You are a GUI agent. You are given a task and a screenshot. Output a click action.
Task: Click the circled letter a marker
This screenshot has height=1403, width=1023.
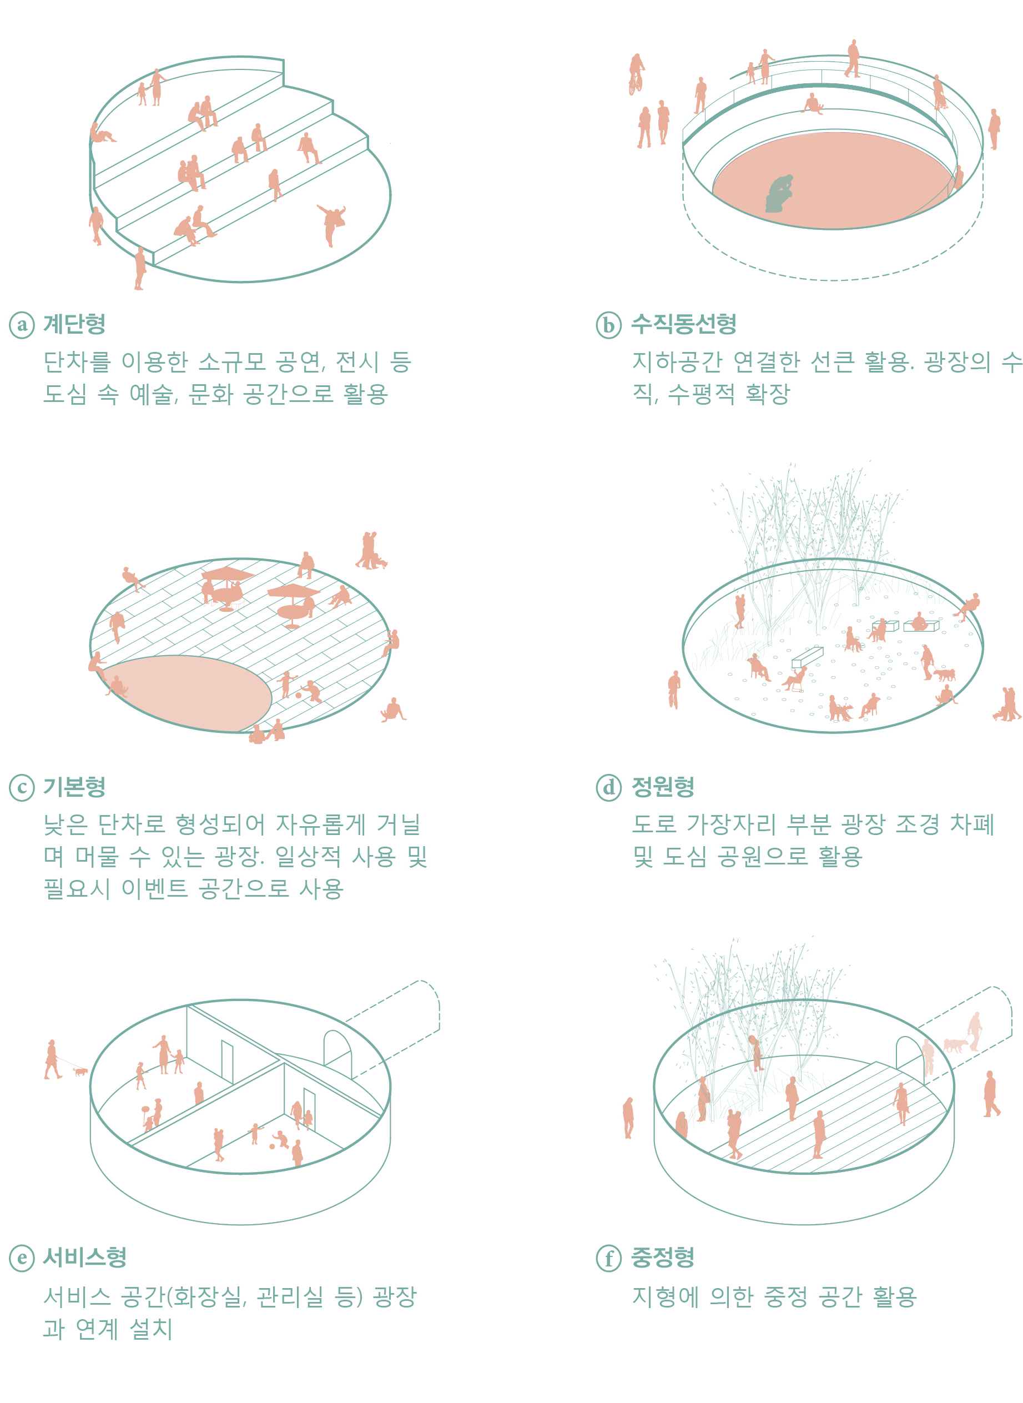tap(22, 325)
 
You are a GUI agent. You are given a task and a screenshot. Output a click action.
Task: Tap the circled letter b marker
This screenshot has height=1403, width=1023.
tap(609, 325)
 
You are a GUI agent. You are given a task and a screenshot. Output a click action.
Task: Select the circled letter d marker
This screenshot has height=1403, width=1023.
tap(609, 788)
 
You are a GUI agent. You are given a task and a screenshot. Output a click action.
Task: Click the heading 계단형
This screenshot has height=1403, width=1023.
tap(74, 324)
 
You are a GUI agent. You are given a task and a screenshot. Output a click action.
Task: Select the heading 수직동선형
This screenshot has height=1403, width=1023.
tap(684, 324)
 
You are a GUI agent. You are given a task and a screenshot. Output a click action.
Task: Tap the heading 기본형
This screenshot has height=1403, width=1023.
tap(74, 787)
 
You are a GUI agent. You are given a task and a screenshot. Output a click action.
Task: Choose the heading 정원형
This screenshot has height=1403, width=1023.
tap(663, 787)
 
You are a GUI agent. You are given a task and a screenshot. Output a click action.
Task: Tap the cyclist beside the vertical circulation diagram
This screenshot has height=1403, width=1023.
tap(636, 74)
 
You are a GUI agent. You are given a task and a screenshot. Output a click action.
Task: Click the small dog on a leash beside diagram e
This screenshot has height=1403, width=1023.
tap(80, 1071)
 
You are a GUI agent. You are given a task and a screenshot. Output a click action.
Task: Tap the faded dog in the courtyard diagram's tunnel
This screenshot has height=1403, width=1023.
tap(955, 1045)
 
